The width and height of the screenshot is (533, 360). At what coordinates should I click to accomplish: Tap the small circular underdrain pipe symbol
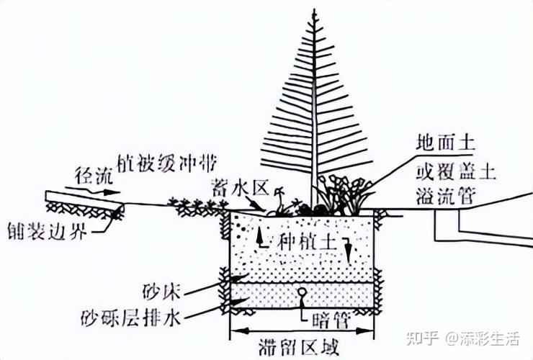click(303, 292)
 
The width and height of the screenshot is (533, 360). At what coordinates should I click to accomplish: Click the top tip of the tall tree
click(314, 10)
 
